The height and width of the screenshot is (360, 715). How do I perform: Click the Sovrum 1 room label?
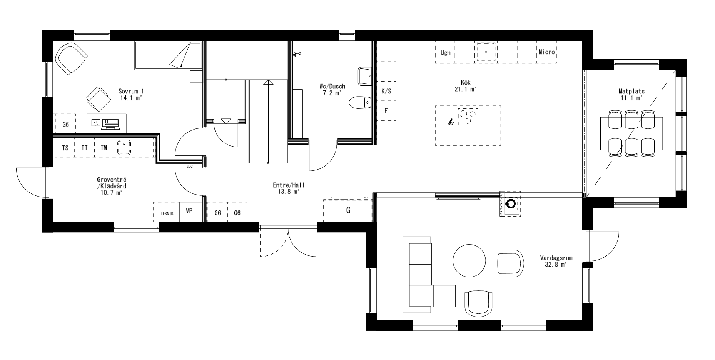[131, 91]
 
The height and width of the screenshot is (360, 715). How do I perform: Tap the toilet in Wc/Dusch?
[360, 103]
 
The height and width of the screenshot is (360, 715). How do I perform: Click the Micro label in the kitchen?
[546, 52]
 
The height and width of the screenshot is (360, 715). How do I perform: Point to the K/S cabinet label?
[386, 92]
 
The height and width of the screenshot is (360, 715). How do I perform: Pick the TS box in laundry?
[65, 148]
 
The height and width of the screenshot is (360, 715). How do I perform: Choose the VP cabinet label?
[189, 211]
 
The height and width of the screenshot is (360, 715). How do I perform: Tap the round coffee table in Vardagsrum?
[469, 261]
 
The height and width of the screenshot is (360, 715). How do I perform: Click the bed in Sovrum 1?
[167, 56]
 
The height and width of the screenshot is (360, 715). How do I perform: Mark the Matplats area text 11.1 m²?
[631, 98]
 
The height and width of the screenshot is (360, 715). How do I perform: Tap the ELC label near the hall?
[189, 167]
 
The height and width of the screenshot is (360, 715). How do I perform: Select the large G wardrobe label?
[348, 210]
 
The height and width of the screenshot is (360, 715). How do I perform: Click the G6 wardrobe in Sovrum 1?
[65, 125]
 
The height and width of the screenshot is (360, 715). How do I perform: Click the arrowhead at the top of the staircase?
[268, 82]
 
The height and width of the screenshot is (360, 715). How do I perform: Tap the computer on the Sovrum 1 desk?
[111, 123]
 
